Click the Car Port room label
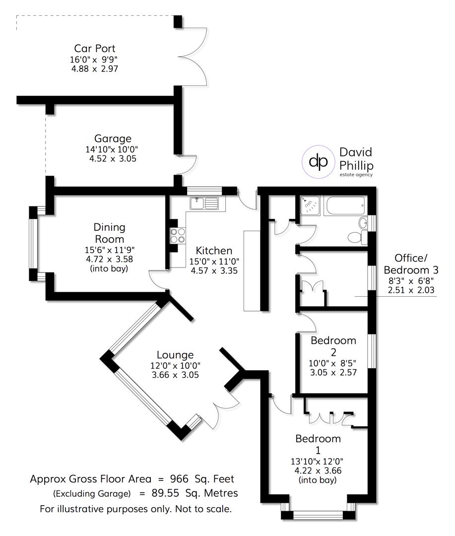tap(95, 49)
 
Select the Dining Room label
tap(110, 233)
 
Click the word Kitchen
tap(214, 251)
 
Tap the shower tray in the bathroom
tap(309, 205)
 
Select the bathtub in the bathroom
tap(345, 205)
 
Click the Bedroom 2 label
tap(333, 346)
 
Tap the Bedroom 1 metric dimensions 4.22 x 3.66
tap(318, 470)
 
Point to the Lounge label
tap(175, 355)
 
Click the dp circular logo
tap(318, 161)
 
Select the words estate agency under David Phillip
tap(356, 174)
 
